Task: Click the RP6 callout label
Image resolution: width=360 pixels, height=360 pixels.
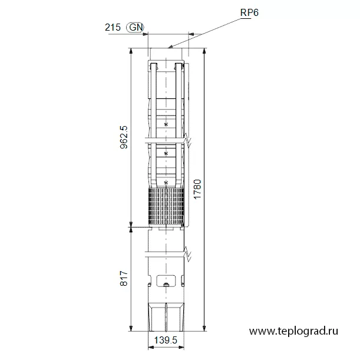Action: tap(249, 12)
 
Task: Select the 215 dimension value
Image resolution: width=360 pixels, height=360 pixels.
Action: tap(113, 27)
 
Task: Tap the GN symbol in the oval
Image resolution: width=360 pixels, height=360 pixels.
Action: tap(136, 27)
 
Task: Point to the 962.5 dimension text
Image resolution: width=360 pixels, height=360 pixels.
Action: tap(124, 137)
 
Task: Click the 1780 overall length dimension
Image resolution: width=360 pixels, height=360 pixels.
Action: tap(197, 189)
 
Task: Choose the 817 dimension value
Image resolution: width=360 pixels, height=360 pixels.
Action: tap(124, 279)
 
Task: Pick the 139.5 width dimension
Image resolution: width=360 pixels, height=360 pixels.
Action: tap(166, 340)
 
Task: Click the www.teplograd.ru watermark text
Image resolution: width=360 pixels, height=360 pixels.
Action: tap(293, 331)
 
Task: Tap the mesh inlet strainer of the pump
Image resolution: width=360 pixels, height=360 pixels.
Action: tap(166, 206)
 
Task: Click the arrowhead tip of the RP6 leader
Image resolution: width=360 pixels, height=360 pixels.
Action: tap(169, 48)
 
